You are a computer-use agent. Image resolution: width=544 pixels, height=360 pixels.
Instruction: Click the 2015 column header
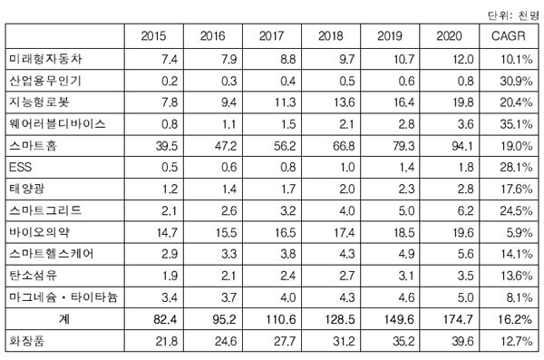[x=153, y=35]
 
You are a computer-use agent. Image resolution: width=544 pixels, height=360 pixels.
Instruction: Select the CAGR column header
[x=509, y=35]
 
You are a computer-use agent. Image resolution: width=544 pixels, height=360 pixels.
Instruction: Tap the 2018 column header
[x=331, y=35]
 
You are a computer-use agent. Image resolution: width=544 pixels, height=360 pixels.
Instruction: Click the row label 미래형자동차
[x=45, y=59]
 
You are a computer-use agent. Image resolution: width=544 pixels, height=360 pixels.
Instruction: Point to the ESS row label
[x=20, y=167]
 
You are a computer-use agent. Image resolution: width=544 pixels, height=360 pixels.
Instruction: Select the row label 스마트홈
[x=33, y=145]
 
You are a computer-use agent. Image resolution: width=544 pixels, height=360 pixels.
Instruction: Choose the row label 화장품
[x=26, y=341]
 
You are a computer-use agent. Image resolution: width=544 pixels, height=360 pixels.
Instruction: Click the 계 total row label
[x=64, y=319]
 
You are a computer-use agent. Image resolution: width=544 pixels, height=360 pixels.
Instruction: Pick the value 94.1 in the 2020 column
[x=462, y=146]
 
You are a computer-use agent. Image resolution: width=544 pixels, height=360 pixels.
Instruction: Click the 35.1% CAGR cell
[x=516, y=124]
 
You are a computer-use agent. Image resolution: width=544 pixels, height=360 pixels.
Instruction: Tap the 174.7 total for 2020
[x=458, y=319]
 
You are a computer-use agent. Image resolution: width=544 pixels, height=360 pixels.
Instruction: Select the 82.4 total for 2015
[x=165, y=319]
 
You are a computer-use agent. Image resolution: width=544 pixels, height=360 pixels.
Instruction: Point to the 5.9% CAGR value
[x=519, y=232]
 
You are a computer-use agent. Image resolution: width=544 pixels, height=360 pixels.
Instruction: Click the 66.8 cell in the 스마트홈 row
[x=344, y=146]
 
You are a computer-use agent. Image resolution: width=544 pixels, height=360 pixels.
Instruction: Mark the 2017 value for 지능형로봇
[x=285, y=102]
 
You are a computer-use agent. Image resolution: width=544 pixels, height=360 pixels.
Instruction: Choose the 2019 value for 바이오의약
[x=403, y=232]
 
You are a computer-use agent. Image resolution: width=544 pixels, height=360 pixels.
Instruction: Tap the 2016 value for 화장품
[x=226, y=341]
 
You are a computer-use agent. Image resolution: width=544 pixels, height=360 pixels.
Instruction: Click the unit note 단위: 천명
[x=513, y=15]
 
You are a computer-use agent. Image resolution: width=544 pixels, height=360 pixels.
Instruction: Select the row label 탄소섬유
[x=33, y=276]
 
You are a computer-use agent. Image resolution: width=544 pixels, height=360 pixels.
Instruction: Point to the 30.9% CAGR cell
[x=516, y=81]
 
